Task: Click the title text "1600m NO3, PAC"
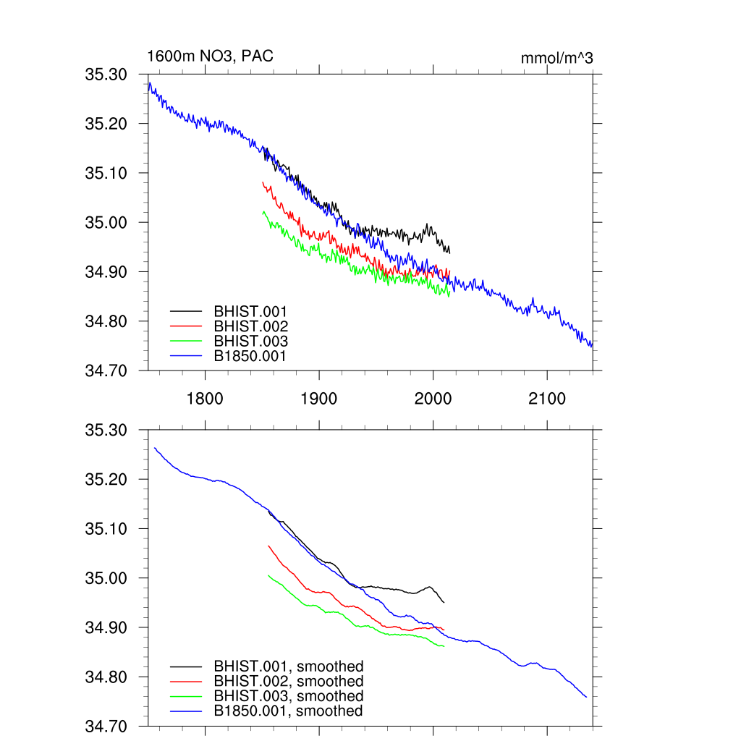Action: tap(211, 56)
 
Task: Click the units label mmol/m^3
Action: tap(556, 58)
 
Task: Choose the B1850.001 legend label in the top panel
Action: tap(250, 356)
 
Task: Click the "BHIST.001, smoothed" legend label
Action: tap(288, 666)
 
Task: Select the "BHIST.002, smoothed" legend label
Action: tap(288, 681)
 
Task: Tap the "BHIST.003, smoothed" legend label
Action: tap(288, 696)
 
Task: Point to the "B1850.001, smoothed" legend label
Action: tap(288, 711)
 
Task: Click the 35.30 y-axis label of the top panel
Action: tap(106, 75)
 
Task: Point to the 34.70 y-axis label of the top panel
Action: tap(106, 370)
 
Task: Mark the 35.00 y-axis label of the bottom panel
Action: tap(106, 578)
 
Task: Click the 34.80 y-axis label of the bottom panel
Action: tap(106, 677)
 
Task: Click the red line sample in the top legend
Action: tap(186, 326)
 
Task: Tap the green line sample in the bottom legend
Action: tap(186, 696)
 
